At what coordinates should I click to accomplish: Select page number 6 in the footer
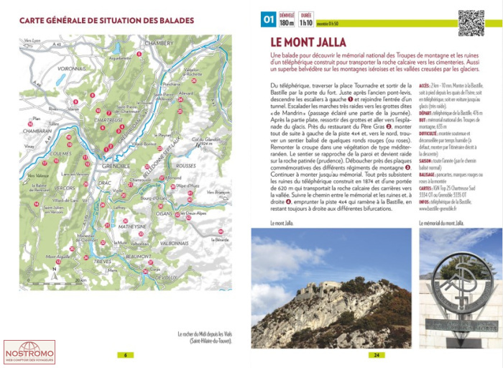tap(126, 354)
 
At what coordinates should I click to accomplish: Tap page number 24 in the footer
tap(375, 354)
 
